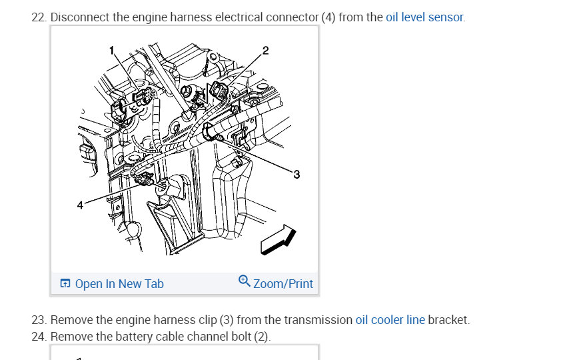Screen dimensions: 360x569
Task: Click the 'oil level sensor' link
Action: (424, 17)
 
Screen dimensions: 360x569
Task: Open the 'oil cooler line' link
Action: (390, 320)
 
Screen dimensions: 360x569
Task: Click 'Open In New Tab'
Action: (119, 284)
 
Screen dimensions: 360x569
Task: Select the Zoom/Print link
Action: (283, 284)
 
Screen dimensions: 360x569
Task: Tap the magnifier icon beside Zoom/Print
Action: (245, 281)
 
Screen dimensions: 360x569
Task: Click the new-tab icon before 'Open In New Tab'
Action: (65, 284)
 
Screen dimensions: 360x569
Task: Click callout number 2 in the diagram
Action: (266, 51)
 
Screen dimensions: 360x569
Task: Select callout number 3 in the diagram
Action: (296, 175)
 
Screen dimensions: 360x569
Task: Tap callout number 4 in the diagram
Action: (80, 205)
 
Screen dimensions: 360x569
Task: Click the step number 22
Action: (39, 17)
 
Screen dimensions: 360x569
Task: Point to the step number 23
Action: (39, 320)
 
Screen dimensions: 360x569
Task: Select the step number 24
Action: (39, 337)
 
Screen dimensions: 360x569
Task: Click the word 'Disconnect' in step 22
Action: (80, 17)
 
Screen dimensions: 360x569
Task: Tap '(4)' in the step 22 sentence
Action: (328, 17)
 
